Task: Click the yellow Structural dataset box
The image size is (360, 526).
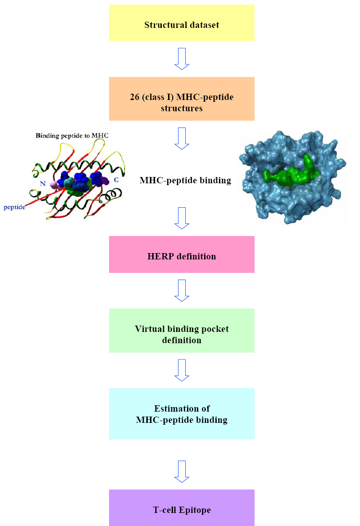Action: (x=182, y=23)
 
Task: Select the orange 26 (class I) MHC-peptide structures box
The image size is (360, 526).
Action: (x=182, y=99)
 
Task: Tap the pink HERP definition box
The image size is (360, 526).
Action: (x=182, y=254)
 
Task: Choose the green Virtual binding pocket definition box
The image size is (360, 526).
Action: (x=182, y=331)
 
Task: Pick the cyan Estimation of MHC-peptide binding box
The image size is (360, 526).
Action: (x=182, y=413)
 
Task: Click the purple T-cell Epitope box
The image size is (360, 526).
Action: (x=182, y=508)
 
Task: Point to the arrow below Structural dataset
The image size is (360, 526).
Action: (x=182, y=59)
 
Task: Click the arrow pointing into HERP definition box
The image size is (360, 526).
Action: (x=182, y=218)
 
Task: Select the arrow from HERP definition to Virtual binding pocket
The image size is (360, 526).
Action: (x=182, y=290)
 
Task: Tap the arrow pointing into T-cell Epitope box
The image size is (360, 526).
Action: (x=182, y=472)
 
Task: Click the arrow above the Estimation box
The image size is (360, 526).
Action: (x=182, y=370)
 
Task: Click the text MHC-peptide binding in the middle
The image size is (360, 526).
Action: (x=185, y=181)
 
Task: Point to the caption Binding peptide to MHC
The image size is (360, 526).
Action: (x=72, y=136)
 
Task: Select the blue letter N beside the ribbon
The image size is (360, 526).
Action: (x=43, y=183)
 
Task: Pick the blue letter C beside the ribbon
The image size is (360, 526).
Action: (x=116, y=180)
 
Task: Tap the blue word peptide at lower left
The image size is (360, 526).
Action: (x=14, y=207)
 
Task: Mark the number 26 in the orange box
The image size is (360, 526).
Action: (x=135, y=97)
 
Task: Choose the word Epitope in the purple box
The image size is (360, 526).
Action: (x=195, y=510)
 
